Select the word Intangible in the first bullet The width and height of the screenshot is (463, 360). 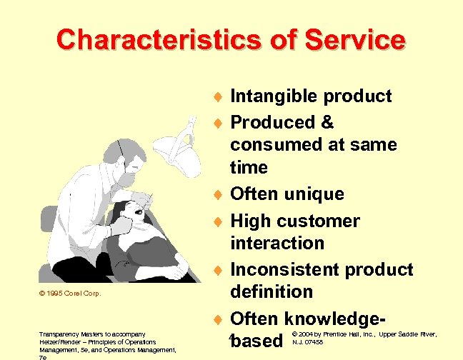click(275, 96)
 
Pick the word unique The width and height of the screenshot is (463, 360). click(314, 194)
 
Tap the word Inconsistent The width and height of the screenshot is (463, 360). click(286, 270)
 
